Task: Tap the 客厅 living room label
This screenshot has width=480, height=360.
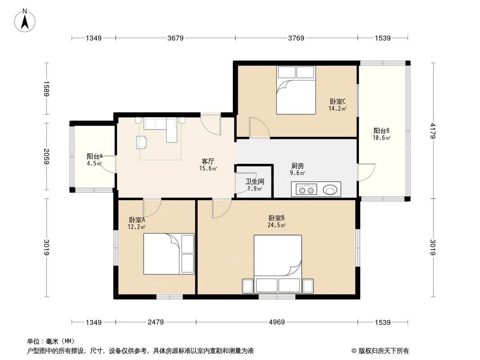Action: pos(208,161)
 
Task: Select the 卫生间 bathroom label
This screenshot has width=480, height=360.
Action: pos(254,182)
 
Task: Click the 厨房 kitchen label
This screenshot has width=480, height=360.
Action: pos(298,165)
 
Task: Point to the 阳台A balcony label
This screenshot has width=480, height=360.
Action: pos(95,157)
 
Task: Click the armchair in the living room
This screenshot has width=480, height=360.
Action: pos(141,142)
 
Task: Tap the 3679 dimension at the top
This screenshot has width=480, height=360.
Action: pos(176,38)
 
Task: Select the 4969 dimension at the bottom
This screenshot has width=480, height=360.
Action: pos(278,322)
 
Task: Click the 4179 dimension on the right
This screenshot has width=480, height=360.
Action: pos(433,131)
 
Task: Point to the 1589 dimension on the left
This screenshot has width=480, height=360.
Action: pos(46,89)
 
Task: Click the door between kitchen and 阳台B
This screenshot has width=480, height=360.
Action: pos(366,171)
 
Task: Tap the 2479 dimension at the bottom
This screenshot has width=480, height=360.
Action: pos(155,322)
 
